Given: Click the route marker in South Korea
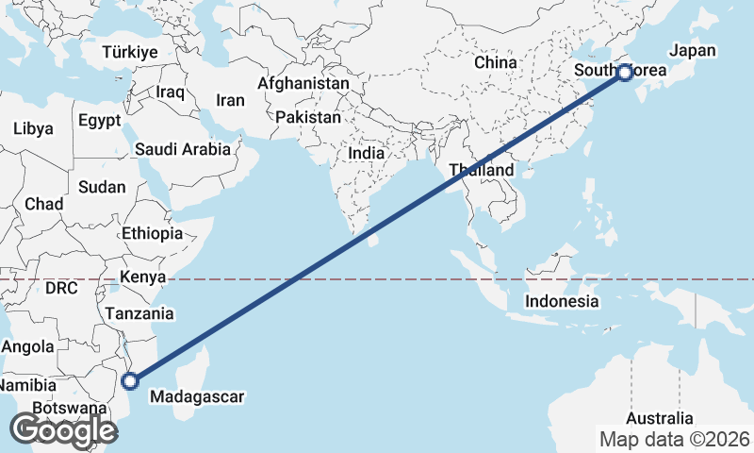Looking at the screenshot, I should pos(624,72).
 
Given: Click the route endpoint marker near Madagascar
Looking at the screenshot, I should pos(131,381).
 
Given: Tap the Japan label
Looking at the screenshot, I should pos(693,51).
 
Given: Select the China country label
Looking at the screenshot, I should pos(496,62).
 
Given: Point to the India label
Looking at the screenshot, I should pos(366,153).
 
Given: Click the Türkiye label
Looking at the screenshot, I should pos(130,52).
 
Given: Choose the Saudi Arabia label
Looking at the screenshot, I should pos(183,149).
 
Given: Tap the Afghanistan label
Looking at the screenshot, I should pos(303,83).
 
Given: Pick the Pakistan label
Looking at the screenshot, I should pos(308,118).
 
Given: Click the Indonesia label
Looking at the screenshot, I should pos(562,302).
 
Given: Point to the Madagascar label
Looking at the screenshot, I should pos(198,396).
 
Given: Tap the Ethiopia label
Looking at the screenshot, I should pos(152,233).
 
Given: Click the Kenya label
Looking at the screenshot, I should pos(143,277).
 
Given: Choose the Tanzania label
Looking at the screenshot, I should pos(139,313).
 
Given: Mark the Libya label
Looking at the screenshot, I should pos(33,128).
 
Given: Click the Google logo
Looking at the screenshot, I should pos(63,430).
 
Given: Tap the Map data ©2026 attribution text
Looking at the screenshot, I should pos(675,439).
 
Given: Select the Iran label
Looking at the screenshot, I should pos(230,100).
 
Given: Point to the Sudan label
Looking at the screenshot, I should pos(102,187).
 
